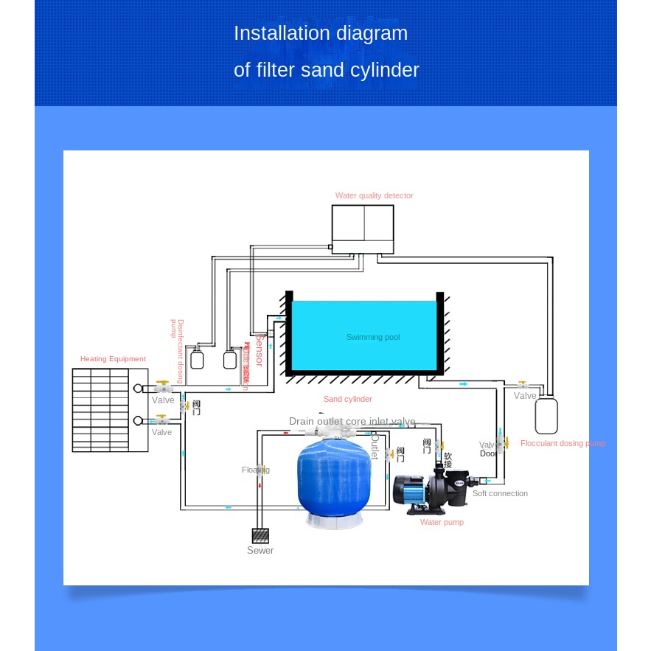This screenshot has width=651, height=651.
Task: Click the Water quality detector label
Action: pos(374,195)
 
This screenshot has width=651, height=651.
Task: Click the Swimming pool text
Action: pos(373,337)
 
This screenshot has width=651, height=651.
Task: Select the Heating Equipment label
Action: pos(113,359)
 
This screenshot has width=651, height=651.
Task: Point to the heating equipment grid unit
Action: pos(100,410)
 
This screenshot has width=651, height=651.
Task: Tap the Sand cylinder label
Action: pos(348,399)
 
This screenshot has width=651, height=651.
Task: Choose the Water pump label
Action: pos(442,522)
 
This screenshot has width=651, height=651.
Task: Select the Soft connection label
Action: pos(500,493)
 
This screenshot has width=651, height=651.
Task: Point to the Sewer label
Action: pos(260,551)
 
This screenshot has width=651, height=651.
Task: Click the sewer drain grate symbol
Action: pos(260,535)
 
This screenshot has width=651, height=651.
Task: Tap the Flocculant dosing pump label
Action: pos(563,443)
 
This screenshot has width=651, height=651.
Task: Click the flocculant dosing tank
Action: pos(546,415)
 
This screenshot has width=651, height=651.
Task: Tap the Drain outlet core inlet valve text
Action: pos(352,422)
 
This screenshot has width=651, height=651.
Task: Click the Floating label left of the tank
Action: pos(255,470)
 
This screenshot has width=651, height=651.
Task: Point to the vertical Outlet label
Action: pos(375,448)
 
